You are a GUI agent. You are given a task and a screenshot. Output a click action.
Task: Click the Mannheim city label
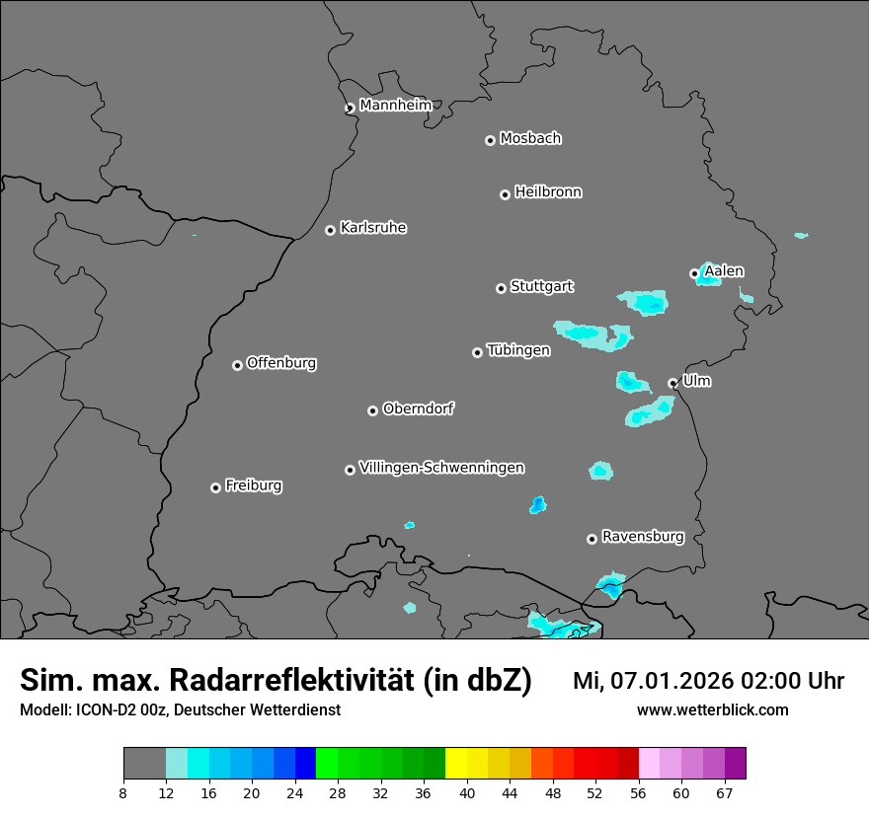point(395,106)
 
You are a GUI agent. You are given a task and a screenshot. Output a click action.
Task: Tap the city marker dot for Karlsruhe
point(330,230)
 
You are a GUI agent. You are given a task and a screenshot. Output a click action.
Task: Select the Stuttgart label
point(541,287)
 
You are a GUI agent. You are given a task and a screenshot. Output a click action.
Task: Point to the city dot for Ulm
point(672,383)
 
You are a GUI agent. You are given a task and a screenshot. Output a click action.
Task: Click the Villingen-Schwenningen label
point(441,468)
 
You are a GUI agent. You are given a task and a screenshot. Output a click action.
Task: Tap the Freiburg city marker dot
point(215,487)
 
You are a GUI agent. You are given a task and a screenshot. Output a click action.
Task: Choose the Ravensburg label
point(643,537)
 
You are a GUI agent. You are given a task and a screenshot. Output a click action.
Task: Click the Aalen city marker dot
point(694,273)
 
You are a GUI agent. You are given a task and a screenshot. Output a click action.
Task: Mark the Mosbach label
point(530,139)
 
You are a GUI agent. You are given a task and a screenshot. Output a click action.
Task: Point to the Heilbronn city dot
point(505,194)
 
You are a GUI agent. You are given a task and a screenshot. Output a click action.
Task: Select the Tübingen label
point(518,350)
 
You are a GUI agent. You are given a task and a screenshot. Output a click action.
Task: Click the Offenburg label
point(281,363)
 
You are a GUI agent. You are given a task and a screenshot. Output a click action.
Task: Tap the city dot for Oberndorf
point(372,410)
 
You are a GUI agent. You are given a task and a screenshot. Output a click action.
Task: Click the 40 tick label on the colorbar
point(467,793)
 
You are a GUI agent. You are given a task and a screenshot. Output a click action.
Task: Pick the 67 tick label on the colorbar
point(725,793)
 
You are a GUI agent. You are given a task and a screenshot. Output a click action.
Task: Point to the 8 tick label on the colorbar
point(123,793)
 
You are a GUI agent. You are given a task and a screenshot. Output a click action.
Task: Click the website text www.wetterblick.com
point(712,710)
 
